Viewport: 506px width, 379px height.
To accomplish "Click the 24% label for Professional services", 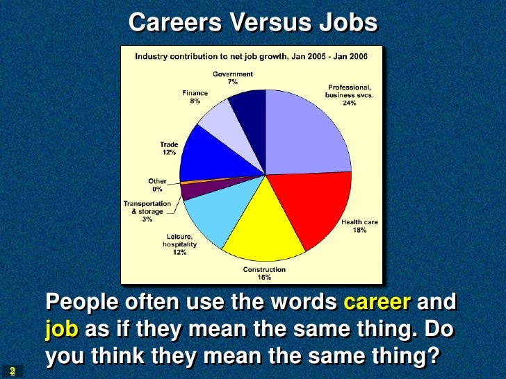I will click(349, 103).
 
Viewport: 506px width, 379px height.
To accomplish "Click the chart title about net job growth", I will click(251, 55).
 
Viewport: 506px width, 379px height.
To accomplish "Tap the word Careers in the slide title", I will click(172, 23).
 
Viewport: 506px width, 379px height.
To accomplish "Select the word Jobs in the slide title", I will click(349, 23).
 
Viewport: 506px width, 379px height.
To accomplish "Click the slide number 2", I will click(12, 371).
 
